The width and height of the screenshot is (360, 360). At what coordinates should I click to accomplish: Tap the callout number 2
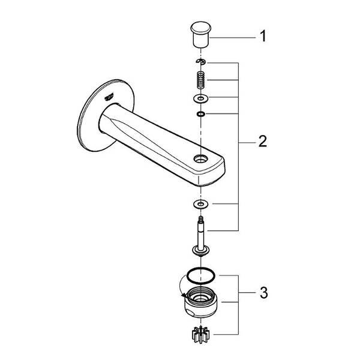tap(262, 143)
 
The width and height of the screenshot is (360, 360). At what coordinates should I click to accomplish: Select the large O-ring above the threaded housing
tap(199, 274)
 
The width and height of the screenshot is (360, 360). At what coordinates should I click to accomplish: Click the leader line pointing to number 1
tap(234, 37)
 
